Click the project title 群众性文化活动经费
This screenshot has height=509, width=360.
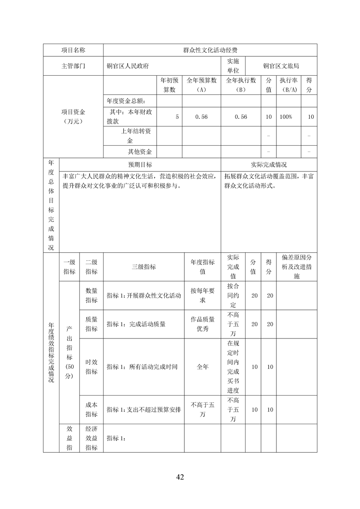(210, 50)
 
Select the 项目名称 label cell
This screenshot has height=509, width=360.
(73, 50)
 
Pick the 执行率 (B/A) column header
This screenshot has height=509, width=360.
(289, 85)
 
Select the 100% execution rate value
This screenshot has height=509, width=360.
(286, 117)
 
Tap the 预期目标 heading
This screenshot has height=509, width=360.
(140, 165)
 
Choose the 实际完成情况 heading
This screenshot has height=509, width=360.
(269, 165)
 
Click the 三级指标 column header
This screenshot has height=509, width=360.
(143, 267)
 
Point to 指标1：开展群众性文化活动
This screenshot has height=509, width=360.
(143, 295)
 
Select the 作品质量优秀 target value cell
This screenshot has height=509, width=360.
(202, 324)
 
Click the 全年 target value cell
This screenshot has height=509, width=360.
(202, 367)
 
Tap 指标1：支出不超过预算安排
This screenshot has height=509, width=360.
(143, 410)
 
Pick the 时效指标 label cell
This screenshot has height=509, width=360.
(91, 367)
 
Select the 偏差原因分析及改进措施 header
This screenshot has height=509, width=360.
(296, 267)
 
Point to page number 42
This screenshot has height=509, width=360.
(180, 477)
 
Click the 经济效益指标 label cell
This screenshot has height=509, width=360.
(91, 438)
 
